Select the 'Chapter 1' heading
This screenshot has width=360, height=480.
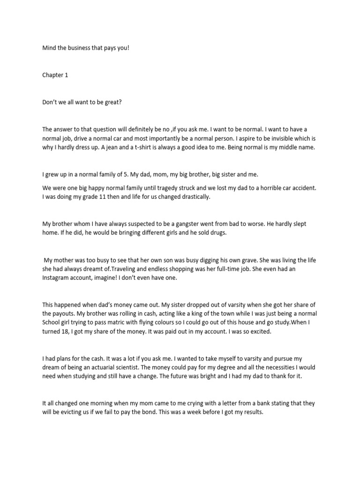tap(55, 75)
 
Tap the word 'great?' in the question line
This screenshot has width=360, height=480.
tap(112, 102)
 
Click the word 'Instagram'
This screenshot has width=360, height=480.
tap(57, 278)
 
